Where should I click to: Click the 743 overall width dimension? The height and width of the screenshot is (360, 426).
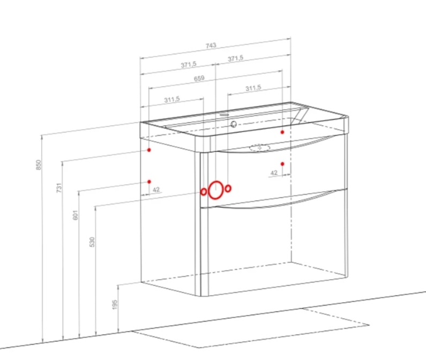click(x=211, y=46)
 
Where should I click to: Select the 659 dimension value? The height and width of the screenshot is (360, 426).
click(x=199, y=79)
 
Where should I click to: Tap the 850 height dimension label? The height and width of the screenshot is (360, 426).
click(x=39, y=165)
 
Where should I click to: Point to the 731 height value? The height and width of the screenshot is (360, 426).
click(x=59, y=187)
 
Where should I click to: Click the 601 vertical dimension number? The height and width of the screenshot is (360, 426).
click(x=76, y=215)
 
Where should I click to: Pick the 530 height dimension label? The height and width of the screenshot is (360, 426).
click(x=92, y=242)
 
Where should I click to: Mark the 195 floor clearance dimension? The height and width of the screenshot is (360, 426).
click(x=115, y=305)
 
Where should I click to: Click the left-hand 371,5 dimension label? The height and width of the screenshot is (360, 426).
click(x=189, y=65)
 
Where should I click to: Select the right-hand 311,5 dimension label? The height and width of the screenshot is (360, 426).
click(x=253, y=88)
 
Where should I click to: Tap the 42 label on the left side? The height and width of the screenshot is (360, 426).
click(x=156, y=190)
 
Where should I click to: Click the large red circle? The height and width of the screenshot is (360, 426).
click(x=216, y=190)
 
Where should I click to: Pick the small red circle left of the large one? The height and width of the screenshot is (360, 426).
click(x=204, y=192)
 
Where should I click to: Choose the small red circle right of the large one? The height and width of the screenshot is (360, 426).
click(x=228, y=188)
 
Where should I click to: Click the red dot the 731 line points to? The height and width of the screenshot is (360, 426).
click(x=149, y=150)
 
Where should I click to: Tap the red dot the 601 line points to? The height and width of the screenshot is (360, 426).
click(x=149, y=182)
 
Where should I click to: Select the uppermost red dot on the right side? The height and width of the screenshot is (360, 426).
click(x=282, y=132)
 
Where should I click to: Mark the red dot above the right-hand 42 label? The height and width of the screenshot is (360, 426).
click(x=282, y=164)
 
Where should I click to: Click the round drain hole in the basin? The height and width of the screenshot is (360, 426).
click(x=234, y=124)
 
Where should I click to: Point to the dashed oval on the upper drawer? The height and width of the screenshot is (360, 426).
click(x=260, y=147)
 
